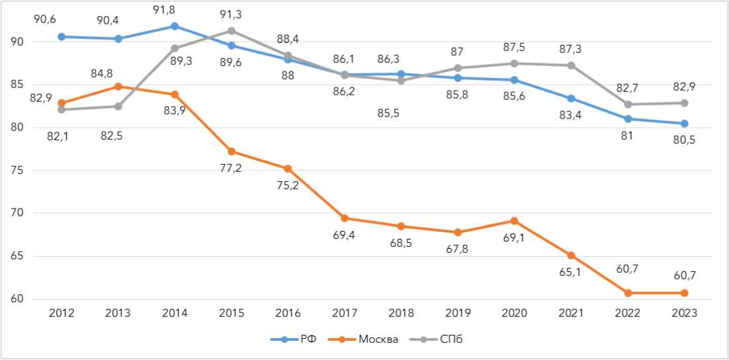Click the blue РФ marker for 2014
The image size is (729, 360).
pyautogui.click(x=175, y=26)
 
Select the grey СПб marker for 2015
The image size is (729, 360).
pyautogui.click(x=232, y=30)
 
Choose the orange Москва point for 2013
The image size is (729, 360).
pyautogui.click(x=118, y=86)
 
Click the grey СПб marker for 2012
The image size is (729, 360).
pyautogui.click(x=62, y=110)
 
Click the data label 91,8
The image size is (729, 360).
pyautogui.click(x=175, y=9)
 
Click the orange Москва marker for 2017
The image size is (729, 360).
pyautogui.click(x=345, y=218)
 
